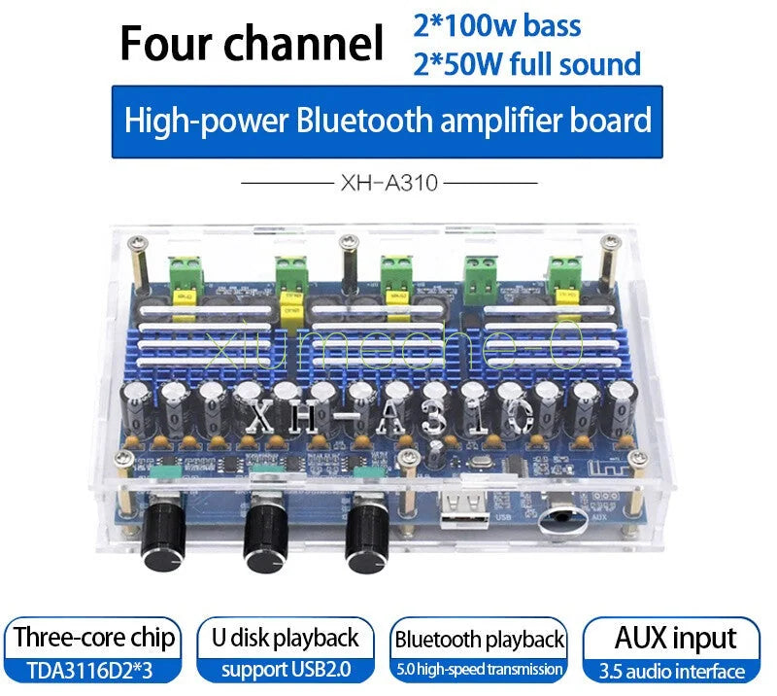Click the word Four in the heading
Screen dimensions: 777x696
166,43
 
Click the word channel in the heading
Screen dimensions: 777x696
304,43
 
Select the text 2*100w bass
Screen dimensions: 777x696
497,26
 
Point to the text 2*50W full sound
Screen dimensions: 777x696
526,64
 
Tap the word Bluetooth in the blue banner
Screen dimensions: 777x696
365,121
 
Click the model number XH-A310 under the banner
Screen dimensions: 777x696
389,183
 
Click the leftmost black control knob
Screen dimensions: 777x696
164,539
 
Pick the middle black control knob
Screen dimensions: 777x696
265,538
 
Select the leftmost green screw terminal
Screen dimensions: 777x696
186,274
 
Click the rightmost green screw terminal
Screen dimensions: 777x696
565,274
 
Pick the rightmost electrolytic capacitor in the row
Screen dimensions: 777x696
623,407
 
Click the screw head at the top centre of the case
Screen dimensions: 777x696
350,243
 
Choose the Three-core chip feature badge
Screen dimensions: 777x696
92,650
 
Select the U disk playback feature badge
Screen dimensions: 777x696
286,650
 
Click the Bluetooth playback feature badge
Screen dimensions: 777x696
479,650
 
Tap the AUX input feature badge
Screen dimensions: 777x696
671,650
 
